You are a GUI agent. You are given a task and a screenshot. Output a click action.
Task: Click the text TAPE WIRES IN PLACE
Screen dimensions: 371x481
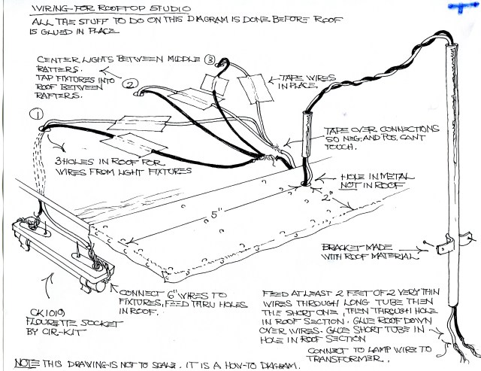click(305, 82)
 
